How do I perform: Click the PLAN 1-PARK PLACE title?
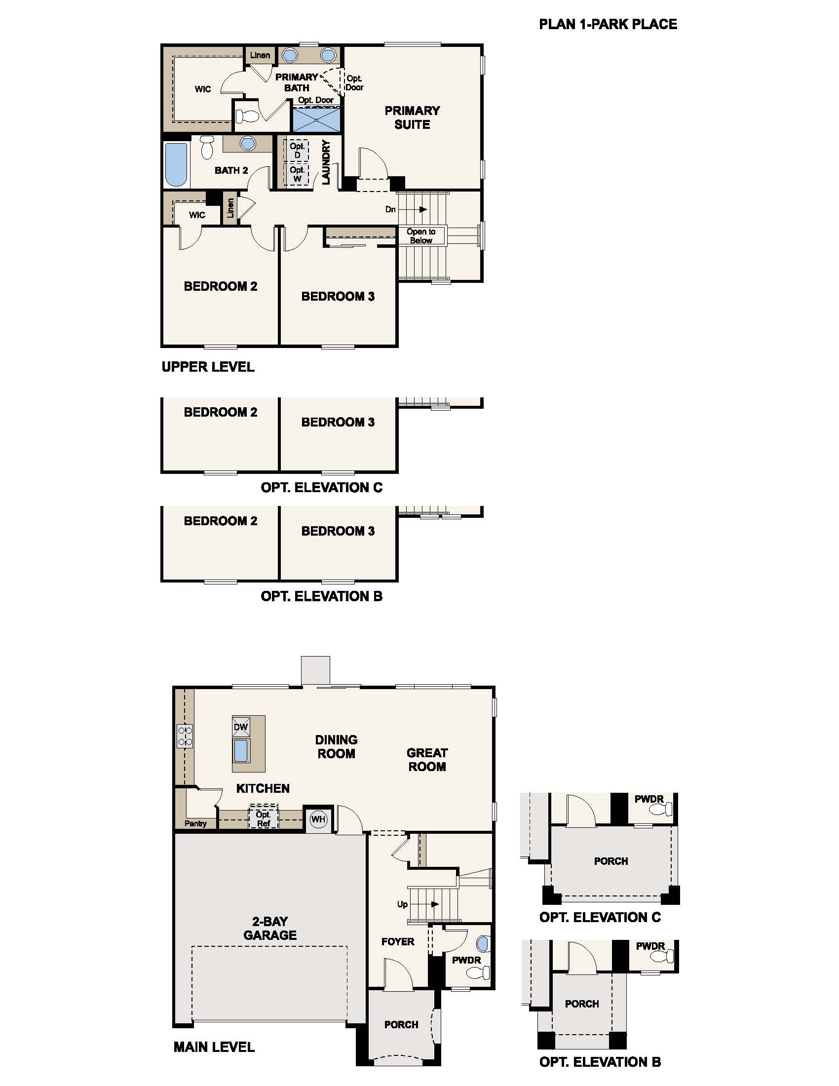(608, 24)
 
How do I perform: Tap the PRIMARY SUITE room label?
(412, 117)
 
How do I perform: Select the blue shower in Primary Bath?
(316, 119)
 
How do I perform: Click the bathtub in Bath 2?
(177, 164)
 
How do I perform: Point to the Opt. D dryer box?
(297, 150)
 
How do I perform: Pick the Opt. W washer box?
(297, 174)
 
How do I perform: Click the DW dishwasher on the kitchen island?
(240, 727)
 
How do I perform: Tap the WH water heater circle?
(318, 818)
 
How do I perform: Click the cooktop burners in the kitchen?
(185, 736)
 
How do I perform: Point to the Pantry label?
(195, 823)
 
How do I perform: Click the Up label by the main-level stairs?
(402, 904)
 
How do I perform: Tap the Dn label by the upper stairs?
(391, 209)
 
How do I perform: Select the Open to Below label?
(421, 235)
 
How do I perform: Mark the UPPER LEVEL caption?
(208, 367)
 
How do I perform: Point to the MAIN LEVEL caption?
(214, 1047)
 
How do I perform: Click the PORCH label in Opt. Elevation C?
(611, 861)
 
